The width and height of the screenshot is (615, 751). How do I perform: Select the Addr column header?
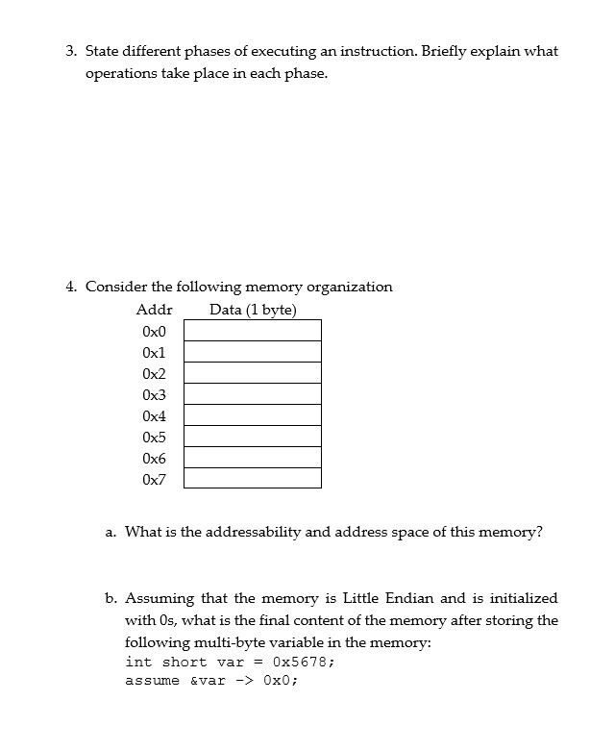[154, 310]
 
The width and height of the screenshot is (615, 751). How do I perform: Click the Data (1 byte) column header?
[253, 310]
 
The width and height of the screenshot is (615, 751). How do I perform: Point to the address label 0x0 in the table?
[154, 331]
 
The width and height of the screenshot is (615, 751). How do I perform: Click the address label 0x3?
[154, 394]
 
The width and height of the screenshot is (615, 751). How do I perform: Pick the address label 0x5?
[154, 437]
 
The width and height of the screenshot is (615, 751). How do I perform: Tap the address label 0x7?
[154, 479]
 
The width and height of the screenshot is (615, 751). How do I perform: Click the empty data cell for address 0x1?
[253, 352]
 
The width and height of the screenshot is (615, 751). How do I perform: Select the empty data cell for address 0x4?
[253, 415]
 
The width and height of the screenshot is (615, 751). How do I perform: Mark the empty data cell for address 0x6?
[253, 458]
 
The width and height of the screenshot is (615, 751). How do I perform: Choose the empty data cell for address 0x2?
[253, 373]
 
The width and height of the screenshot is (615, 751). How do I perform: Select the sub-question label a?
[111, 532]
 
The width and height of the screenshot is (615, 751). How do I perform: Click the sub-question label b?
[111, 598]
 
